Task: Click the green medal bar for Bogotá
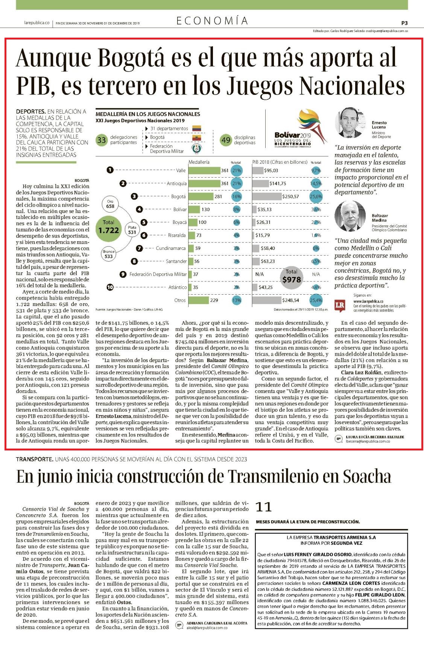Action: click(x=201, y=196)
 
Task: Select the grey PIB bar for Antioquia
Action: click(x=260, y=183)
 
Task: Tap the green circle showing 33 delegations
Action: click(x=101, y=140)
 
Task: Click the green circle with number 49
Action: click(x=226, y=140)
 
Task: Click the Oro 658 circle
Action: click(x=110, y=204)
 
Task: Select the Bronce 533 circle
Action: click(x=108, y=254)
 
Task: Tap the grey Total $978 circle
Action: click(x=291, y=277)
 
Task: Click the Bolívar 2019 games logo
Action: click(x=300, y=129)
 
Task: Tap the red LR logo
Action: click(x=340, y=306)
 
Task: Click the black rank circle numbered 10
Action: click(x=110, y=287)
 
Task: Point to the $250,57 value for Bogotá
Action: click(x=290, y=196)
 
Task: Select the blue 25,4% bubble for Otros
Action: click(x=316, y=300)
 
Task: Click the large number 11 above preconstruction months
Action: click(x=263, y=507)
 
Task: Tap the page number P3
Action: click(x=404, y=23)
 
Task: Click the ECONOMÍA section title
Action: click(x=212, y=21)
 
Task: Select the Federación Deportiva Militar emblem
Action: click(x=197, y=149)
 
